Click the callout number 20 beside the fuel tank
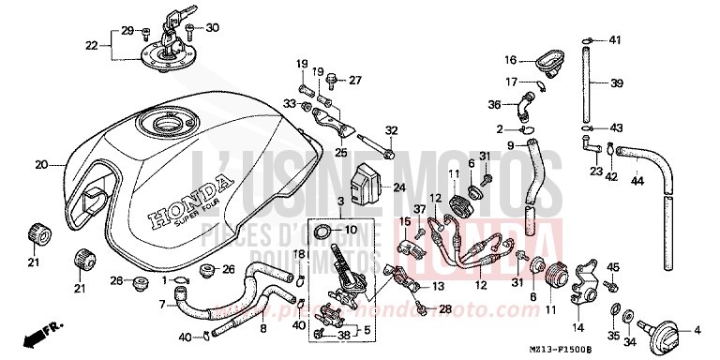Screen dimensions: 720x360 click(40, 165)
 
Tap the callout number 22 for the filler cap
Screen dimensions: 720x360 click(91, 45)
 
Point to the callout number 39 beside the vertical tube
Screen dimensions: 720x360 click(616, 83)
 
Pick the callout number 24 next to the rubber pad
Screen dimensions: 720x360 click(398, 187)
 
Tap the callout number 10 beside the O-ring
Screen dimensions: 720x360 click(351, 230)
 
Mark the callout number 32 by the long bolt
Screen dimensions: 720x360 click(392, 130)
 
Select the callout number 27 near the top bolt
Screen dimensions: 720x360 click(354, 80)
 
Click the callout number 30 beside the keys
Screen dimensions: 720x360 click(212, 27)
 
